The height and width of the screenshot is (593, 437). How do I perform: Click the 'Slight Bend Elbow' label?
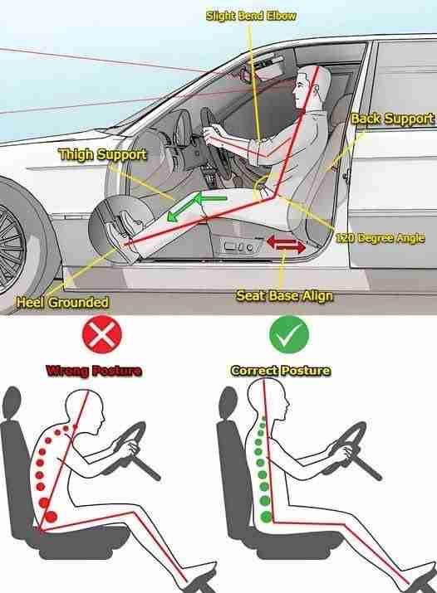click(x=251, y=16)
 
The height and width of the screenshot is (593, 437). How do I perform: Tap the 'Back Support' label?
click(x=392, y=119)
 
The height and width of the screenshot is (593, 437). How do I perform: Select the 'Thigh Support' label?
click(x=103, y=154)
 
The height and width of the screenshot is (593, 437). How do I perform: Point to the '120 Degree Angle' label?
click(x=380, y=238)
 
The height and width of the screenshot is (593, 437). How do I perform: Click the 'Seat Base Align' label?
click(x=284, y=296)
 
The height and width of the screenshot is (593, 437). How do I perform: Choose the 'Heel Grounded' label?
click(x=62, y=302)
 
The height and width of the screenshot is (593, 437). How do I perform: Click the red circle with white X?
click(x=102, y=334)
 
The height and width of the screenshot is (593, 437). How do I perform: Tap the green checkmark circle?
click(x=289, y=334)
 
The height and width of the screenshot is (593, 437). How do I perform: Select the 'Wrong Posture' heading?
click(x=94, y=371)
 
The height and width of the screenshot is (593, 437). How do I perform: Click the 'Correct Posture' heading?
click(x=281, y=371)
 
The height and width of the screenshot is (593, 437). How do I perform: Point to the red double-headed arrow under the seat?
click(x=286, y=245)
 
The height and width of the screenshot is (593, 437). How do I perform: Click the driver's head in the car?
click(x=307, y=87)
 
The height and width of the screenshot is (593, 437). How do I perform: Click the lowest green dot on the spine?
click(x=266, y=516)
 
